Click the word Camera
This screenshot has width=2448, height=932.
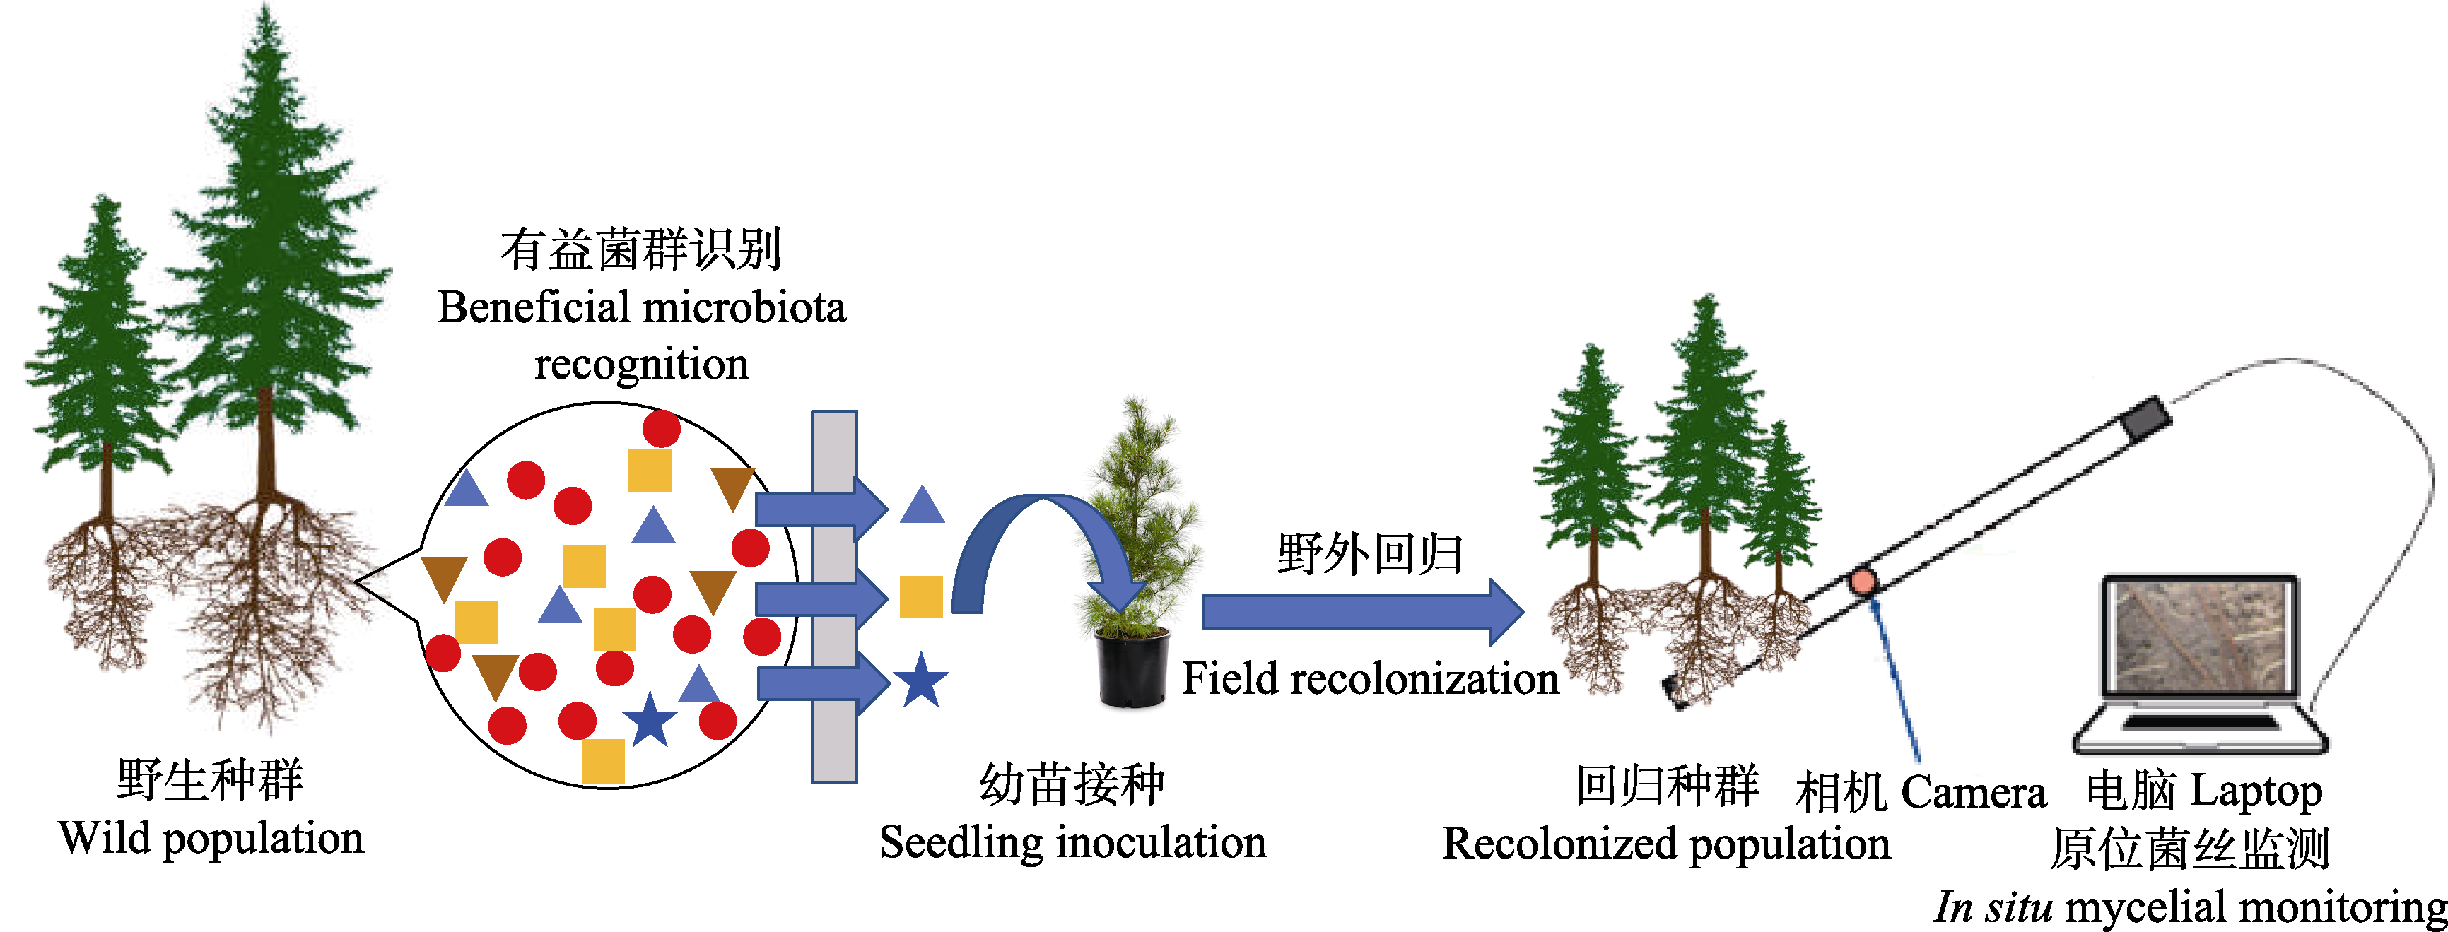coord(1973,792)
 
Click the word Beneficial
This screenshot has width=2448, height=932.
coord(529,308)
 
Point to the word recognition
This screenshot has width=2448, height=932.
coord(641,365)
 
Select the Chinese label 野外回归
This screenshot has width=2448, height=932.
coord(1369,553)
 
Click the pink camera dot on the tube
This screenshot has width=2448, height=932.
coord(1863,581)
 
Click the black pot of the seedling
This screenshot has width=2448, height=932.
coord(1132,669)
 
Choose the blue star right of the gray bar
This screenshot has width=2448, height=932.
coord(920,680)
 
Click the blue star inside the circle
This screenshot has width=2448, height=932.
coord(650,720)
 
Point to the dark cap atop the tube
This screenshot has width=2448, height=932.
coord(2146,418)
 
